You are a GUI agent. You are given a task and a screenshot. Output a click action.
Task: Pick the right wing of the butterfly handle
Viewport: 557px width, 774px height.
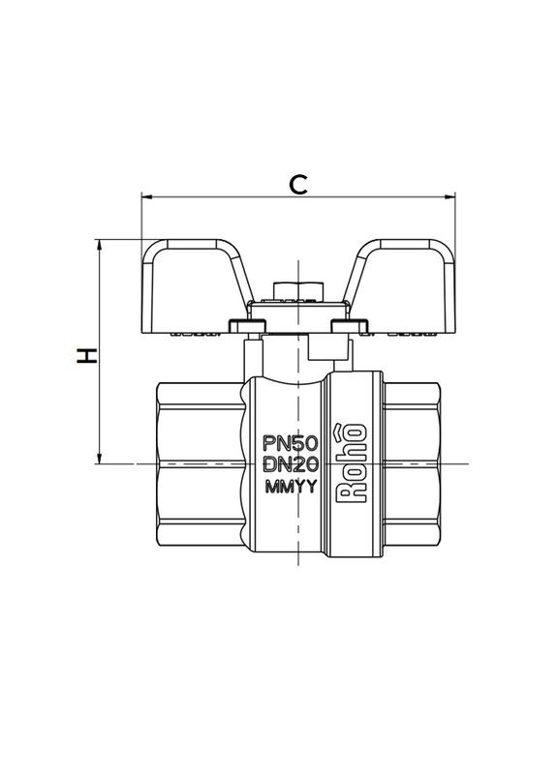(x=407, y=276)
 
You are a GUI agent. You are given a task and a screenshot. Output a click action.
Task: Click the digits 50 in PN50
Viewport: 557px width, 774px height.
(x=306, y=444)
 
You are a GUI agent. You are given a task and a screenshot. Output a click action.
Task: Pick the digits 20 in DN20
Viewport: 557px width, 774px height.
(x=306, y=465)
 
